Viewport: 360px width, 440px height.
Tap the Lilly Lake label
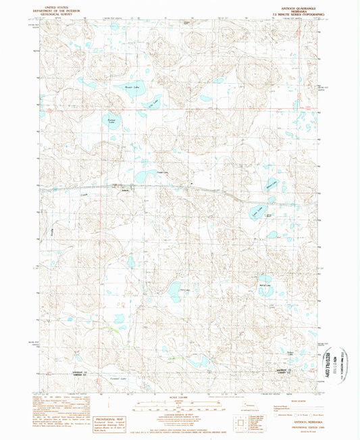(153, 103)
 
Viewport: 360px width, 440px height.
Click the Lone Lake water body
(255, 215)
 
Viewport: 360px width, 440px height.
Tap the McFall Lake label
(265, 286)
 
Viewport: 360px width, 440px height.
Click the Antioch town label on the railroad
(124, 189)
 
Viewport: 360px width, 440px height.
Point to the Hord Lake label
(181, 291)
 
